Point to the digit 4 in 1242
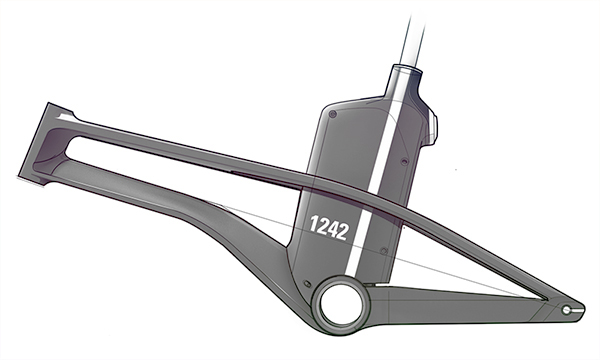(330, 230)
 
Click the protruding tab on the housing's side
(432, 125)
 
